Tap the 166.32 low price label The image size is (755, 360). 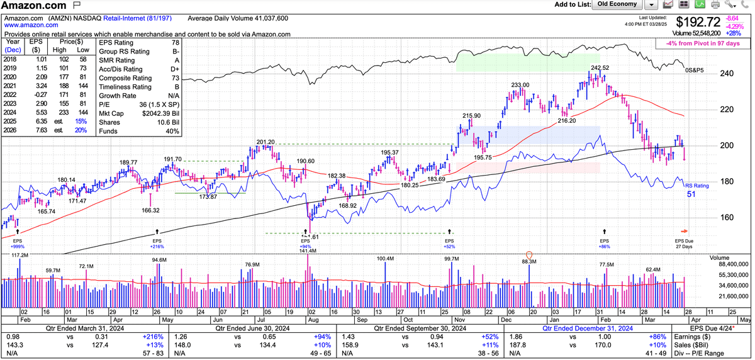[151, 210]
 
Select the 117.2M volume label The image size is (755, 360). [20, 255]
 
